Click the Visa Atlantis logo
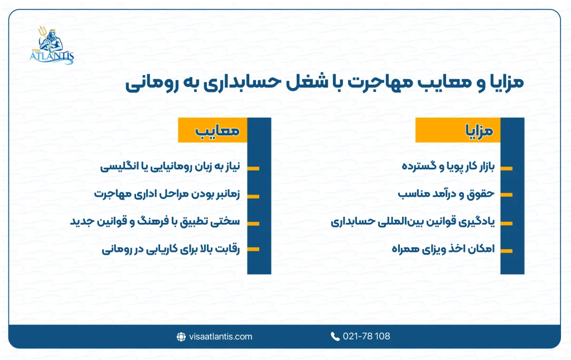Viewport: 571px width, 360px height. [x=52, y=46]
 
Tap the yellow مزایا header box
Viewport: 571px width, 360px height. [x=458, y=131]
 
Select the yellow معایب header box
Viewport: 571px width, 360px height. [x=212, y=131]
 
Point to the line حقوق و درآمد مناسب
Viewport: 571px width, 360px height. [x=446, y=194]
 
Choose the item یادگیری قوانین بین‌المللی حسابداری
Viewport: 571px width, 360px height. [x=413, y=222]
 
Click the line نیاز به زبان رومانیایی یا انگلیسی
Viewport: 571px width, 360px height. [x=170, y=167]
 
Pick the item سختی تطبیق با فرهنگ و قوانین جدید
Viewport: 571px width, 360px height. [x=155, y=222]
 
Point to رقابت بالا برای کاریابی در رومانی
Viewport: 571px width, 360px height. [x=171, y=250]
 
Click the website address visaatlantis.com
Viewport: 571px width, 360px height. [x=221, y=337]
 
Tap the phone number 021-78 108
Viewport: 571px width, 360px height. [x=366, y=337]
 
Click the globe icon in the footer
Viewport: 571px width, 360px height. [x=181, y=337]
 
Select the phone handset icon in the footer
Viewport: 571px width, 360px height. [x=335, y=337]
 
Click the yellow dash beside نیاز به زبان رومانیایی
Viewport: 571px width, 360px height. [x=253, y=168]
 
